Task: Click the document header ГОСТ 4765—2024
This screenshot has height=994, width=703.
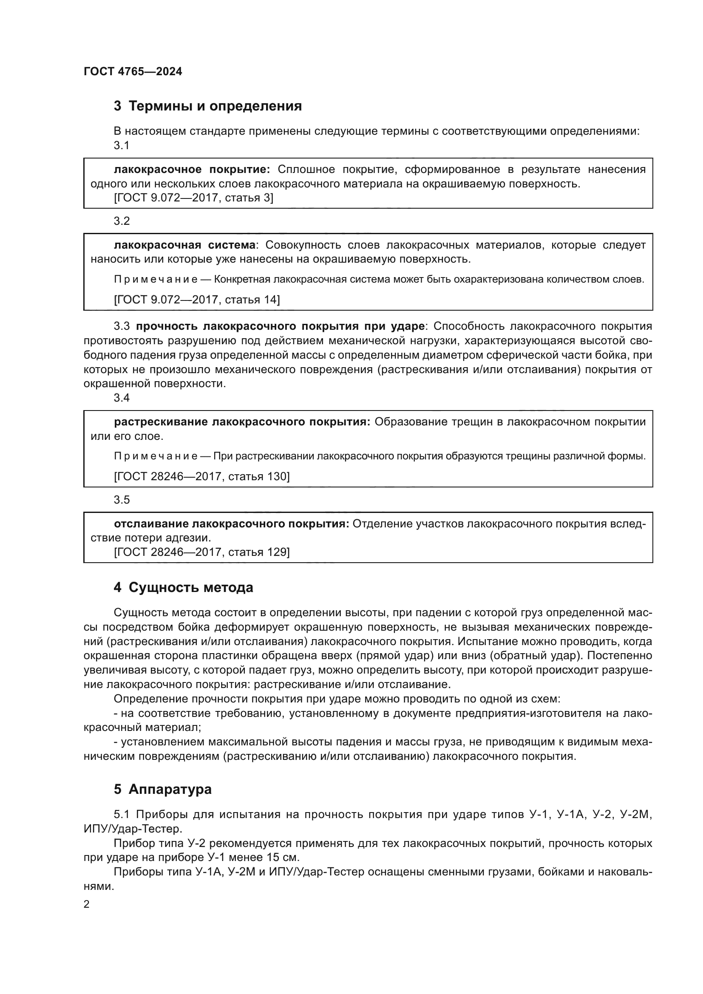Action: (x=133, y=71)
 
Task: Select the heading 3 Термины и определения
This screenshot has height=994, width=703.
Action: (x=208, y=106)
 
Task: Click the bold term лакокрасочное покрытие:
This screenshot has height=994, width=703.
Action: (x=192, y=169)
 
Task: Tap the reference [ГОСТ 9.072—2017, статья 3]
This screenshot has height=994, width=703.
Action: (x=193, y=198)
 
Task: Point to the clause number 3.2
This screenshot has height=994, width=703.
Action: (x=122, y=221)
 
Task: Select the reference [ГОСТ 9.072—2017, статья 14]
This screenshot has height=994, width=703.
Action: (x=197, y=300)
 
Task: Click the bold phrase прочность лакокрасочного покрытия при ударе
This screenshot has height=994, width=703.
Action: (x=280, y=326)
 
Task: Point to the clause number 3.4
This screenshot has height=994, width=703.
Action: (x=122, y=398)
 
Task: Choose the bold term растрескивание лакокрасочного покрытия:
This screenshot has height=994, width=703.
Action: (x=242, y=422)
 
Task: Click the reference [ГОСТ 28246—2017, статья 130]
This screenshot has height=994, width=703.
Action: (x=202, y=476)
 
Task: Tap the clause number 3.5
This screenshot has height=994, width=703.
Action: (x=122, y=500)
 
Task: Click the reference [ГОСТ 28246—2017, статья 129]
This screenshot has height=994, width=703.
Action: (x=202, y=552)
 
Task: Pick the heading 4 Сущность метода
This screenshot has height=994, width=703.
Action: (x=183, y=587)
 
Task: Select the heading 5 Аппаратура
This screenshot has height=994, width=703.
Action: (x=163, y=789)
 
